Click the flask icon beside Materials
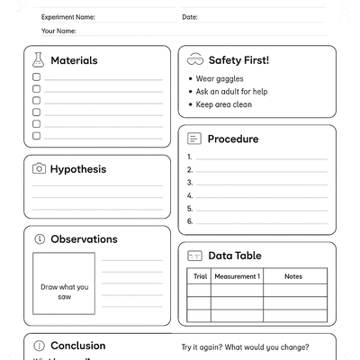(x=38, y=60)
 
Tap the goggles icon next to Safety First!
(x=194, y=60)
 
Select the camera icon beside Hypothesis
(x=39, y=168)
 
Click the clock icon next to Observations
(x=39, y=239)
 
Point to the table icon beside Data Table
(x=193, y=256)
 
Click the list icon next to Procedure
(x=193, y=139)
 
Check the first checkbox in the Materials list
(x=37, y=77)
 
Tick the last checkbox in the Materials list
(x=37, y=136)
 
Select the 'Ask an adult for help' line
(x=231, y=92)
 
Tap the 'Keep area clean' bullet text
(x=223, y=104)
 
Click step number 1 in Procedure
(x=190, y=157)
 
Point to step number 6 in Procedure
(x=190, y=220)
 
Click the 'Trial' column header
(x=200, y=276)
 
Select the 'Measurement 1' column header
(x=237, y=276)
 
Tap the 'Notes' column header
(x=293, y=276)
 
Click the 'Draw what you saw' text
(x=65, y=292)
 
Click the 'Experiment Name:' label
(x=67, y=17)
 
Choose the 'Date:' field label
(x=190, y=17)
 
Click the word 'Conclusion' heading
(x=77, y=346)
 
